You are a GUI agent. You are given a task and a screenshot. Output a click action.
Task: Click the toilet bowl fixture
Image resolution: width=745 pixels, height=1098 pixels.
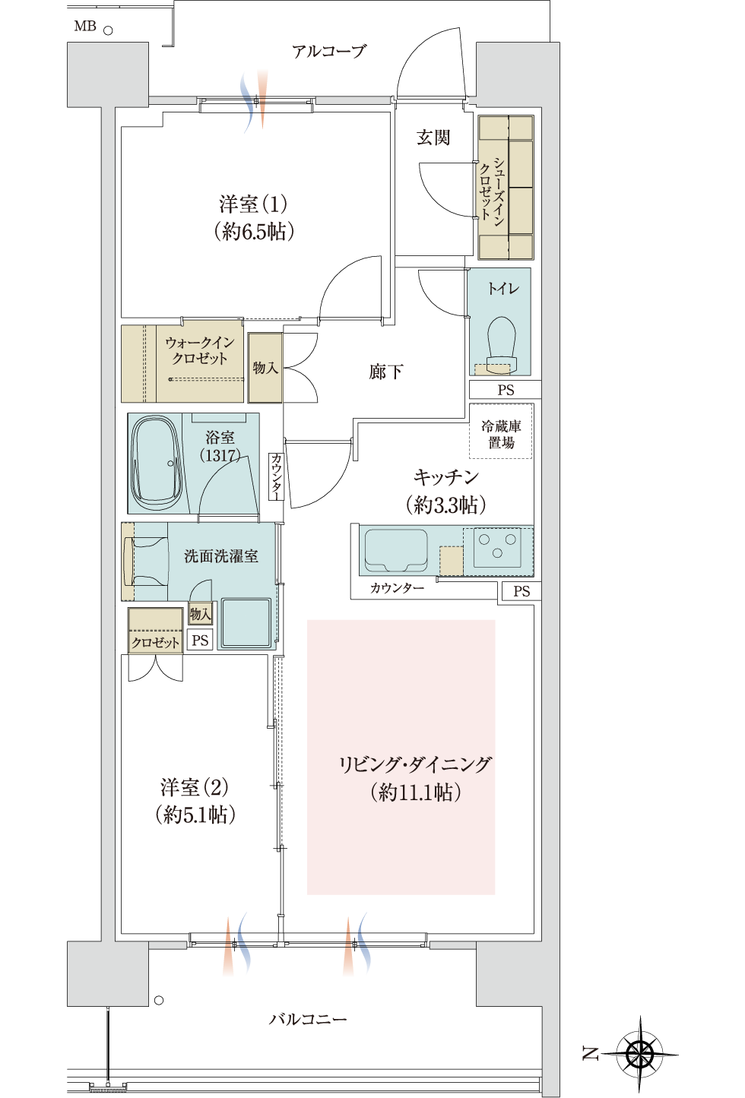tap(501, 344)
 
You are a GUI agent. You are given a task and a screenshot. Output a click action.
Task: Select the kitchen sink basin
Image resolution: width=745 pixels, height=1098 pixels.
tap(396, 550)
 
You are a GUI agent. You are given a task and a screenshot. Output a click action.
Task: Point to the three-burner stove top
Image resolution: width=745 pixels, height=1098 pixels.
tap(497, 546)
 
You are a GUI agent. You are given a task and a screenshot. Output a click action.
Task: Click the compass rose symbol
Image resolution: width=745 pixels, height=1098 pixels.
tap(639, 1052)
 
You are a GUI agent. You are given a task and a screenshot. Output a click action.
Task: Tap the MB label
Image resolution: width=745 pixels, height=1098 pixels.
tap(85, 26)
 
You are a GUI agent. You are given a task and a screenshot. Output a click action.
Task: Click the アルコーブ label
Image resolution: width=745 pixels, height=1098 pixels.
tap(329, 51)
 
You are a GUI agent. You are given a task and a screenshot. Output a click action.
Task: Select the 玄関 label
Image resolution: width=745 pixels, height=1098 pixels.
tap(433, 138)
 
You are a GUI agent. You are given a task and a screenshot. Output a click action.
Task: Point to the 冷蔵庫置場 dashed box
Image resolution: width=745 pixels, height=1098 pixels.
tap(501, 431)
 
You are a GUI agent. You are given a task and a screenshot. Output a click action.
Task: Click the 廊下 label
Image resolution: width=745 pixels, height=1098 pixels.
tap(386, 372)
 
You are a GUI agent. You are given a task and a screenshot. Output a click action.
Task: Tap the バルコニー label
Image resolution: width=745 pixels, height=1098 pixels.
tap(308, 1020)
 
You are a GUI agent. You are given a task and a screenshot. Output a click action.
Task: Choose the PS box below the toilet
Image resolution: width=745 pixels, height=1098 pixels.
tap(506, 390)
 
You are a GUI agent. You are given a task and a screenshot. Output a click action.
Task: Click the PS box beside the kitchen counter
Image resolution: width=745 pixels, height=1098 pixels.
tap(521, 591)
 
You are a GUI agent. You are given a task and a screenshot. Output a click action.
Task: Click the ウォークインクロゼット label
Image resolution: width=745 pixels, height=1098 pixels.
tap(200, 350)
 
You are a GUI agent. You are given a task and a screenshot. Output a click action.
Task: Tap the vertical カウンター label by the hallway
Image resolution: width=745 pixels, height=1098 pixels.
tap(277, 476)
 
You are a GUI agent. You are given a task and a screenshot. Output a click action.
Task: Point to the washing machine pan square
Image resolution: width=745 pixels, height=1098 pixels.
tap(246, 622)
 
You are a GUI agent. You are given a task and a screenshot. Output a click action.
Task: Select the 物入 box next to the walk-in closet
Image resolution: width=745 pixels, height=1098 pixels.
tap(265, 368)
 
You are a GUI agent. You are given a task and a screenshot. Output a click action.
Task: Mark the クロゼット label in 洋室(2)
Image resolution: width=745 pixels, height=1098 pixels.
tap(155, 642)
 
